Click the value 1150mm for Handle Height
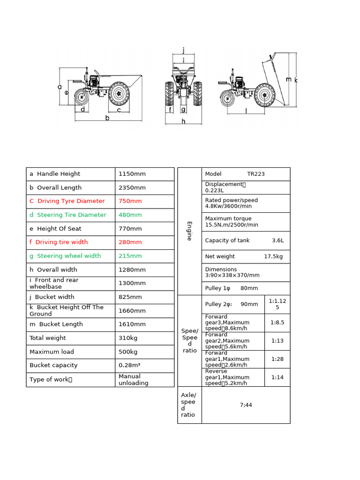pyautogui.click(x=132, y=174)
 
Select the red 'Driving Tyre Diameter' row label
pyautogui.click(x=67, y=201)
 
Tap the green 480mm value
pyautogui.click(x=130, y=215)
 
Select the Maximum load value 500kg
pyautogui.click(x=128, y=352)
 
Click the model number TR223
pyautogui.click(x=256, y=174)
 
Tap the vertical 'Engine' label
pyautogui.click(x=189, y=231)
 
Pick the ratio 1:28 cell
pyautogui.click(x=277, y=359)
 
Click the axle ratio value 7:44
pyautogui.click(x=246, y=405)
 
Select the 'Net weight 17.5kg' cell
pyautogui.click(x=244, y=256)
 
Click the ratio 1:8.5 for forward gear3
pyautogui.click(x=277, y=322)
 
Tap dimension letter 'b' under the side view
pyautogui.click(x=107, y=118)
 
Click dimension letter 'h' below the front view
pyautogui.click(x=183, y=121)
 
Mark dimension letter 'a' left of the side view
pyautogui.click(x=60, y=87)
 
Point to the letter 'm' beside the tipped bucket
pyautogui.click(x=289, y=79)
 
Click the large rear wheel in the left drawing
pyautogui.click(x=119, y=93)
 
